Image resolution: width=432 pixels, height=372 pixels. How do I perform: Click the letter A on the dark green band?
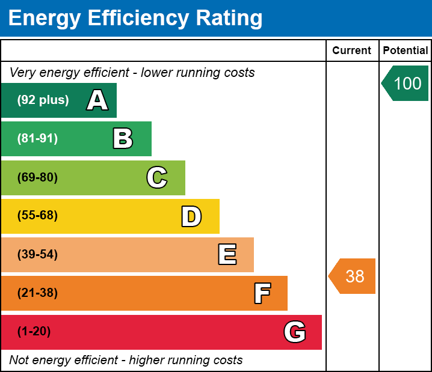(97, 100)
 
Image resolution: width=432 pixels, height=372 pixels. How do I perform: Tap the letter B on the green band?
(123, 139)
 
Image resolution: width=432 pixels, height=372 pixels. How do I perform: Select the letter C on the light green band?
(157, 178)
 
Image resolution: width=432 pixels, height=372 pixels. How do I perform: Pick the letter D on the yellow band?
(191, 216)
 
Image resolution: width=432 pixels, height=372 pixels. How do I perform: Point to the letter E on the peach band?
(227, 255)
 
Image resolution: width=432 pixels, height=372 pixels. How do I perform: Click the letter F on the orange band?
(262, 293)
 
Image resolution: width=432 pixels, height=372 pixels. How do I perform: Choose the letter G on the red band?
(295, 332)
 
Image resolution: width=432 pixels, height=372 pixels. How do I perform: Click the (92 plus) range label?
(43, 100)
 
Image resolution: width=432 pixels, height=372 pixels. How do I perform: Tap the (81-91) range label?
(37, 139)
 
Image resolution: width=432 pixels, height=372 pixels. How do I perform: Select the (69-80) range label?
(37, 178)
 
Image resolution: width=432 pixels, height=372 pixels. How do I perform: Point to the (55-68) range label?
(37, 216)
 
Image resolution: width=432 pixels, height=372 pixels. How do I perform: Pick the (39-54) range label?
(37, 255)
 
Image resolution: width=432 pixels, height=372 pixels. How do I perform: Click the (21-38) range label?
(37, 293)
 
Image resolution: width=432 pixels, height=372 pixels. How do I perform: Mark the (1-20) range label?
(34, 332)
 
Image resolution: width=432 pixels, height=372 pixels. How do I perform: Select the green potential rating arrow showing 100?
(406, 83)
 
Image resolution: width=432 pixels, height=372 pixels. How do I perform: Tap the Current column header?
(352, 51)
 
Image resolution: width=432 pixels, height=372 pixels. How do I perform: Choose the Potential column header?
(406, 51)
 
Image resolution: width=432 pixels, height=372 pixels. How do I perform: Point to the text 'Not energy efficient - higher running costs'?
(126, 361)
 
